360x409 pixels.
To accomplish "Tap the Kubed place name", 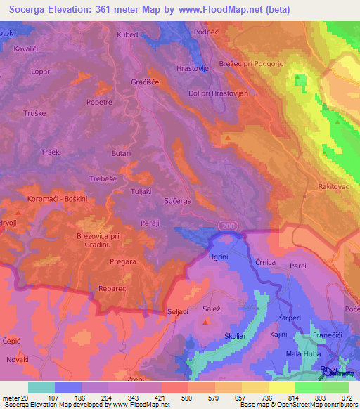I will click(127, 34).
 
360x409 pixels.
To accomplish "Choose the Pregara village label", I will click(123, 261).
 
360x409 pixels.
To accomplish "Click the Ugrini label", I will click(218, 257).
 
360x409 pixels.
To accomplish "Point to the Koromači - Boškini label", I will click(56, 199).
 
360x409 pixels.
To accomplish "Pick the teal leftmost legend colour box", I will click(41, 387).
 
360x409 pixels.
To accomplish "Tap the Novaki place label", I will click(18, 359).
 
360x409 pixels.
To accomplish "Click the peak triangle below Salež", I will click(205, 322).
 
